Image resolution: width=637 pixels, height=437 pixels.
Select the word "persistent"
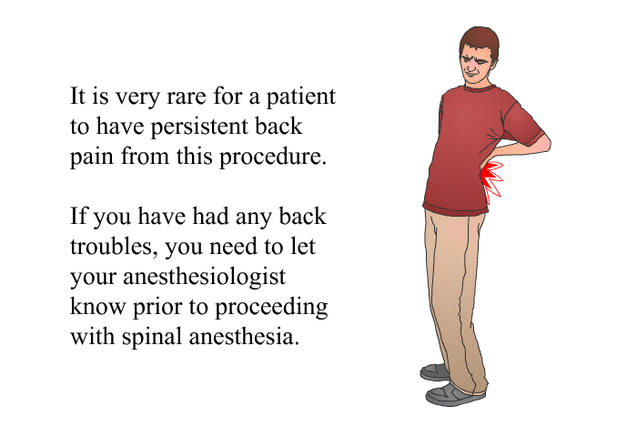pyautogui.click(x=200, y=127)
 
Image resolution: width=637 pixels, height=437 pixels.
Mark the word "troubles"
pyautogui.click(x=114, y=247)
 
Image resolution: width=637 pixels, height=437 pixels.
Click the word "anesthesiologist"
pyautogui.click(x=205, y=278)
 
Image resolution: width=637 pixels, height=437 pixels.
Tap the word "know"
pyautogui.click(x=97, y=307)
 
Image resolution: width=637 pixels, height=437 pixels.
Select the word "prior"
pyautogui.click(x=157, y=308)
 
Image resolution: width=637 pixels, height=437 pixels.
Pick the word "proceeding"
pyautogui.click(x=271, y=308)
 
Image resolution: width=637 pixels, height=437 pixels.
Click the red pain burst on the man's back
pyautogui.click(x=492, y=181)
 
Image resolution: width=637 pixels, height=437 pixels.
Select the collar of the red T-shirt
pyautogui.click(x=480, y=88)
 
